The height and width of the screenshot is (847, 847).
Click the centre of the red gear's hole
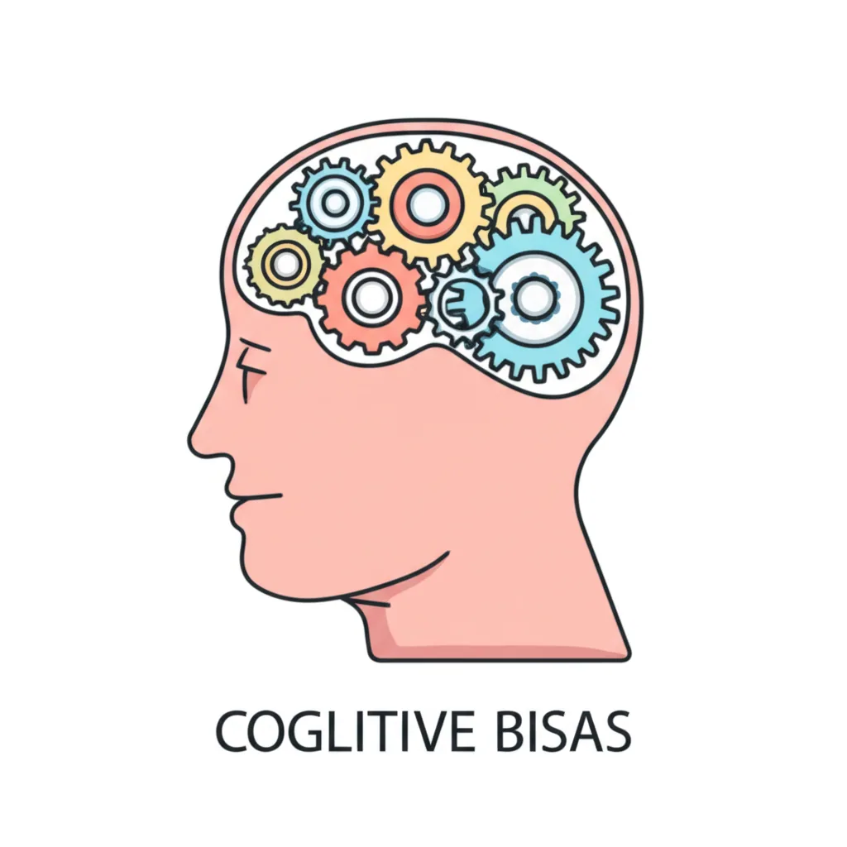click(x=371, y=297)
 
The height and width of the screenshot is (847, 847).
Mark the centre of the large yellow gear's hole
click(x=428, y=205)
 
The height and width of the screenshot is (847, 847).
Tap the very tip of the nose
click(x=191, y=438)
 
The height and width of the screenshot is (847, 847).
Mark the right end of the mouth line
click(x=281, y=495)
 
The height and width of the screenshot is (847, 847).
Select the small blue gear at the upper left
click(x=334, y=203)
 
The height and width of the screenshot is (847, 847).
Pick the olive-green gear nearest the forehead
click(x=285, y=265)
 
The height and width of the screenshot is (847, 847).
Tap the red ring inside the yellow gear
click(x=428, y=205)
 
